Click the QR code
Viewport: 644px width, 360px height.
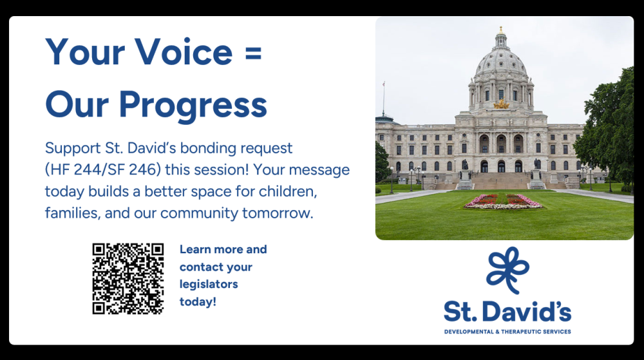pos(128,279)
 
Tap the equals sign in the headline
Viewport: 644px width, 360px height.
pos(253,53)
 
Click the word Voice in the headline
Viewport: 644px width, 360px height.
pos(184,52)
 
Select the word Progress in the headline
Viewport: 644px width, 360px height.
pos(193,105)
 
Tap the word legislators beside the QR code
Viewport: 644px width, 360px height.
pos(209,284)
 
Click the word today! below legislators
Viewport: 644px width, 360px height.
pos(198,301)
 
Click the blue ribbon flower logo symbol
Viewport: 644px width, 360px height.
pos(507,269)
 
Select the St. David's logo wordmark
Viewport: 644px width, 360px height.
pos(507,312)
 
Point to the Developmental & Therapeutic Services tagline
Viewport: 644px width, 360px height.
pos(507,332)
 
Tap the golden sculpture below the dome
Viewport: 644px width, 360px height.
pos(501,105)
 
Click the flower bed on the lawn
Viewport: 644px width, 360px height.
pos(504,202)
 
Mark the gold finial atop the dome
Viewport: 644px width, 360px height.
pos(500,30)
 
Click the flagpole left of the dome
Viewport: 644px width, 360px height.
pos(384,99)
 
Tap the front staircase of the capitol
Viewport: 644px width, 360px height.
pos(500,180)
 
